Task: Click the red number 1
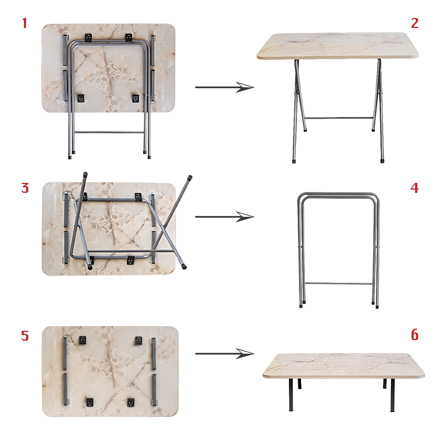coord(25,23)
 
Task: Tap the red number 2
coord(415,23)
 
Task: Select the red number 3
coord(25,188)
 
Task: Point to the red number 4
coord(415,188)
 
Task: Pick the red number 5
coord(25,336)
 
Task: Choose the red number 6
coord(415,335)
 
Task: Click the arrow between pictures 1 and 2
coord(224,87)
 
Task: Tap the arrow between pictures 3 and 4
coord(224,217)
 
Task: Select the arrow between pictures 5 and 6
coord(224,354)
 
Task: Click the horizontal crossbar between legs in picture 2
coord(339,118)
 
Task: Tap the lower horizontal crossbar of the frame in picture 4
coord(339,284)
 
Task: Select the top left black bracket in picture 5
coord(83,340)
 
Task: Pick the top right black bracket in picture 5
coord(138,341)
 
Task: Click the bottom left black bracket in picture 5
coord(90,402)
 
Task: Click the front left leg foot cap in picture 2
coord(294,161)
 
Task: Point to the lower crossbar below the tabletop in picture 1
coord(109,133)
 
